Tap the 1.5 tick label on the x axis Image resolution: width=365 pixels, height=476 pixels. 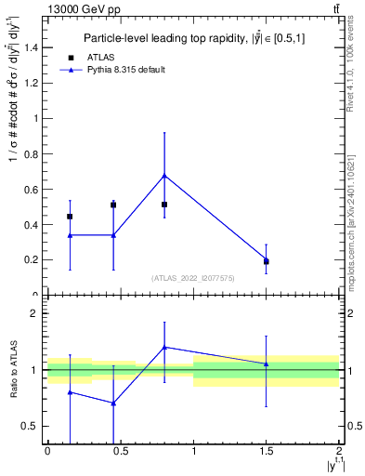click(267, 451)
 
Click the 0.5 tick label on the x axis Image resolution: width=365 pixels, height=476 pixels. click(120, 451)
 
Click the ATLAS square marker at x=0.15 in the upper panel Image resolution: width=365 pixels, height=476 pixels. click(70, 217)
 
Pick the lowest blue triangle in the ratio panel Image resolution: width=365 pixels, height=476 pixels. click(113, 403)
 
